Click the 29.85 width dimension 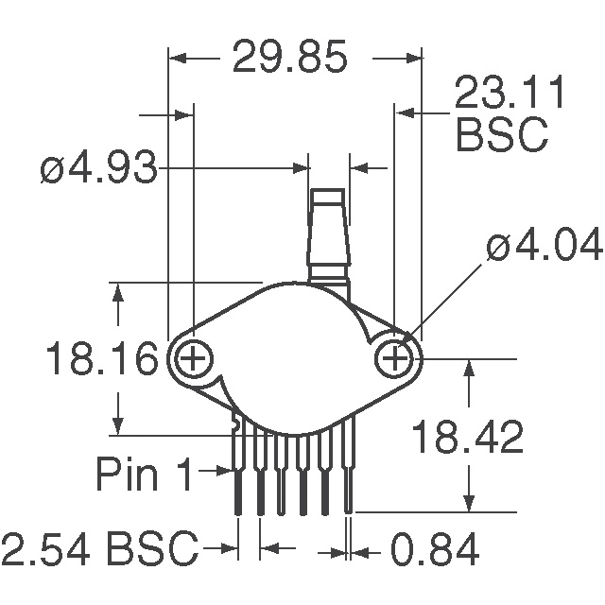point(290,57)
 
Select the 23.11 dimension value point(509,92)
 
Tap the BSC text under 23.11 point(502,134)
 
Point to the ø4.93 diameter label point(98,168)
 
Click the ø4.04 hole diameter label point(544,245)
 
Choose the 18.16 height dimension point(102,357)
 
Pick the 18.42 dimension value point(467,437)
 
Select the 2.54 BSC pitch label point(99,548)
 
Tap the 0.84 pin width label point(435,548)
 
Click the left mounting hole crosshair point(193,359)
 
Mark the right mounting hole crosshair point(394,359)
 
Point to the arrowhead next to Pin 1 point(224,471)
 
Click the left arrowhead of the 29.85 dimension point(178,59)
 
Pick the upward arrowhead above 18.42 point(469,368)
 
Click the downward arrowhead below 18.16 point(118,426)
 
